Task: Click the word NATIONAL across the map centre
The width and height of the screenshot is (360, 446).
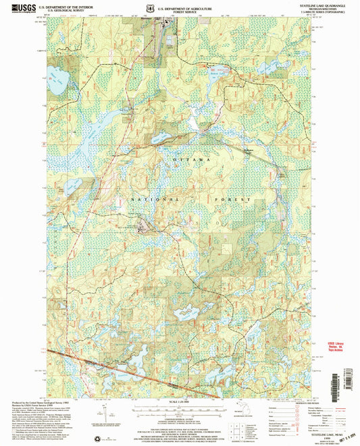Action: [x=144, y=200]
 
